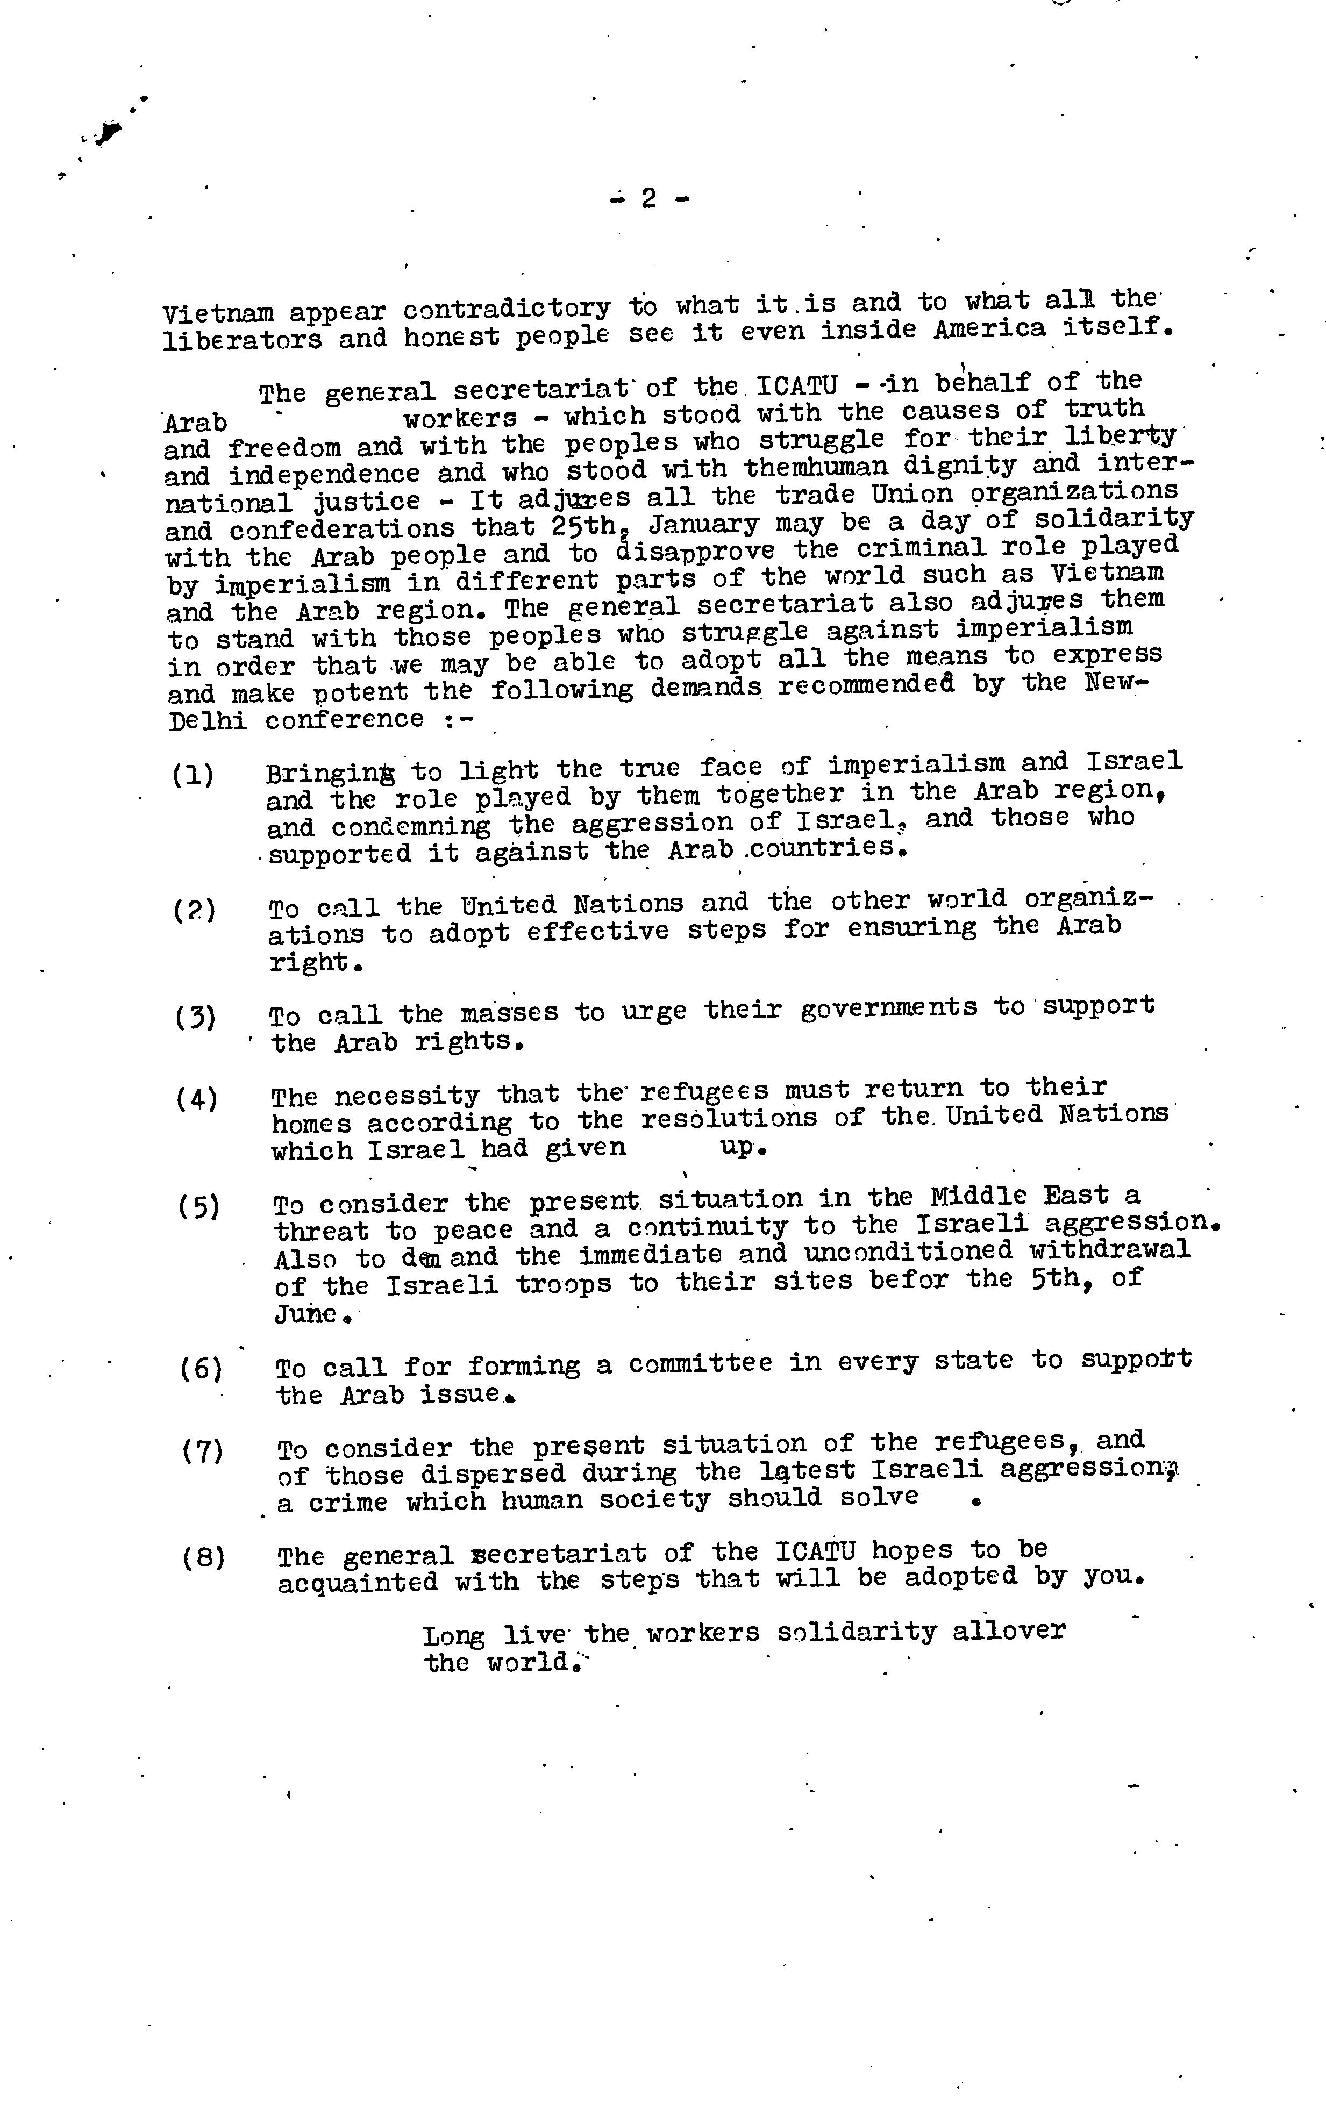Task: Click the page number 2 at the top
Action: point(648,199)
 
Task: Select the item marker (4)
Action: point(197,1099)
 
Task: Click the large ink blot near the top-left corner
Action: point(109,132)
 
